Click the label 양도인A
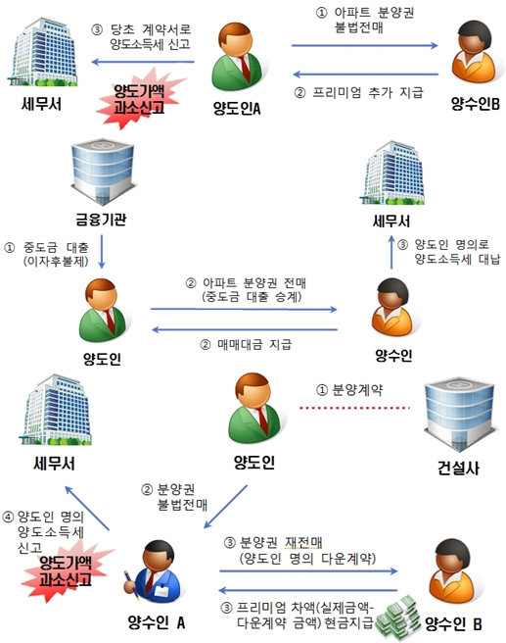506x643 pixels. (237, 108)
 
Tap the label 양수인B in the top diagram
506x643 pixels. (475, 104)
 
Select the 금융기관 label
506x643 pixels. (101, 220)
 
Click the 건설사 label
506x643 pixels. (458, 468)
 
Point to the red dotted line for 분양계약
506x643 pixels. (354, 408)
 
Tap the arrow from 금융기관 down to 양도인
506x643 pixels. (102, 252)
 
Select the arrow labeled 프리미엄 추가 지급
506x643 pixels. (366, 74)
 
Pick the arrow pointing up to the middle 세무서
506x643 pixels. (391, 252)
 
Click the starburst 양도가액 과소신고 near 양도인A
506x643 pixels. (139, 99)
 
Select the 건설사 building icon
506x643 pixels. (458, 417)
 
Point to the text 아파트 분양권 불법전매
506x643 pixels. (365, 20)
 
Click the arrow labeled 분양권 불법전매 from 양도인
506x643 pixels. (225, 507)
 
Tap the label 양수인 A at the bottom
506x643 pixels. (157, 623)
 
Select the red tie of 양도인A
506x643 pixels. (245, 69)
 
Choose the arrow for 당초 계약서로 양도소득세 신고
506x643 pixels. (143, 62)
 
